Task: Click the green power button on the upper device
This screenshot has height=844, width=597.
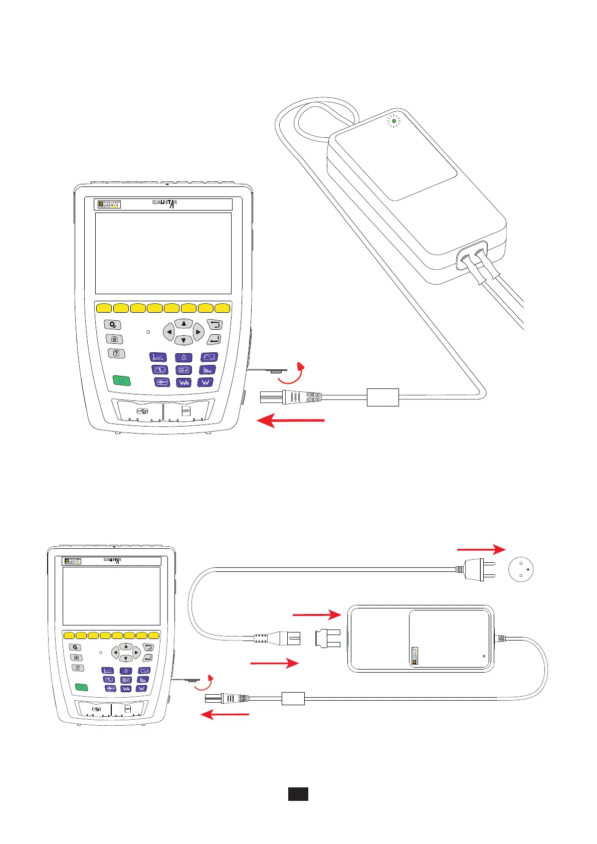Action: (121, 381)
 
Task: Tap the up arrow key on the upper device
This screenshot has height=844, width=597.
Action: (184, 324)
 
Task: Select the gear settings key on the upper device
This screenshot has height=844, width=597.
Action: (113, 325)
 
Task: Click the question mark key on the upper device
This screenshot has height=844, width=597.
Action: (116, 353)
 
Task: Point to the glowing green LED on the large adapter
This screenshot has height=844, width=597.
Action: (394, 121)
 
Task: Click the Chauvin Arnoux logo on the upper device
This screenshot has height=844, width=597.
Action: (109, 204)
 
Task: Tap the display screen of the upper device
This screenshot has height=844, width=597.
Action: (163, 253)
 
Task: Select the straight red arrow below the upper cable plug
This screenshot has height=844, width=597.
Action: (291, 421)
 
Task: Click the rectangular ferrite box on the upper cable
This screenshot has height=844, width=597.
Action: (383, 397)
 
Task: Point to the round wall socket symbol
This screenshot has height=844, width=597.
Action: (521, 569)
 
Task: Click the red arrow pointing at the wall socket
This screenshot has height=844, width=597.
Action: (481, 550)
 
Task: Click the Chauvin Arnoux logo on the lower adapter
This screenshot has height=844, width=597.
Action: (415, 655)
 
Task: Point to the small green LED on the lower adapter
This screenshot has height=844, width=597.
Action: (484, 656)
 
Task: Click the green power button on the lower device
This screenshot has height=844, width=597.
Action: (81, 687)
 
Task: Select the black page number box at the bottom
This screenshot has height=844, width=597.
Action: (298, 794)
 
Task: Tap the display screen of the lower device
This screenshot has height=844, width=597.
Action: (111, 596)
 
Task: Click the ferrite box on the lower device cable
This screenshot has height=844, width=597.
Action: (293, 698)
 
